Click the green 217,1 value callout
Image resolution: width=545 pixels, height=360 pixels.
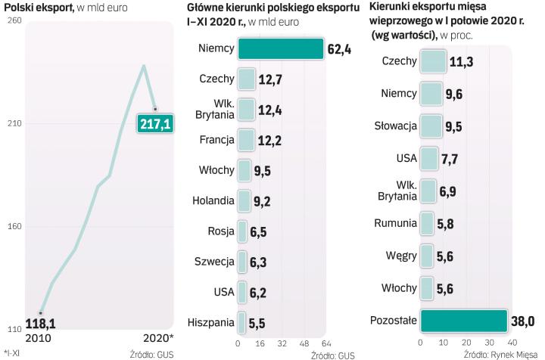tap(154, 123)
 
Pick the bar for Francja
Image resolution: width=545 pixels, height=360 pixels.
tap(245, 140)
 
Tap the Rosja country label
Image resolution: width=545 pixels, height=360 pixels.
tap(220, 231)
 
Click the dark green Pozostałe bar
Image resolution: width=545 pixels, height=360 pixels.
tap(463, 320)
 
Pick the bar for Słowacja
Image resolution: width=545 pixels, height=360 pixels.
tap(430, 126)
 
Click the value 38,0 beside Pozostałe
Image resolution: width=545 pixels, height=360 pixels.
tap(523, 320)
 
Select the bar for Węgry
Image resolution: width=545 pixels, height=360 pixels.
tap(426, 256)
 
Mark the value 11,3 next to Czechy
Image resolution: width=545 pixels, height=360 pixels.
tap(462, 61)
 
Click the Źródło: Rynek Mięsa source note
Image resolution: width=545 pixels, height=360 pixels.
tap(500, 354)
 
